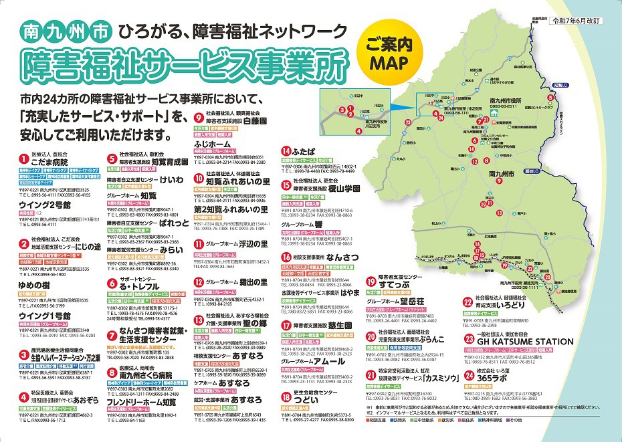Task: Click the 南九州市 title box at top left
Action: (x=66, y=31)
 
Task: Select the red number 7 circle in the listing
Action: (x=112, y=331)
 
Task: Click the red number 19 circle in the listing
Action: (x=372, y=280)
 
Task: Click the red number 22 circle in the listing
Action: (x=467, y=300)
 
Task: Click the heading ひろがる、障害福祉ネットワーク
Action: (x=233, y=31)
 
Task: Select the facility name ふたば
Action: (x=304, y=151)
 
